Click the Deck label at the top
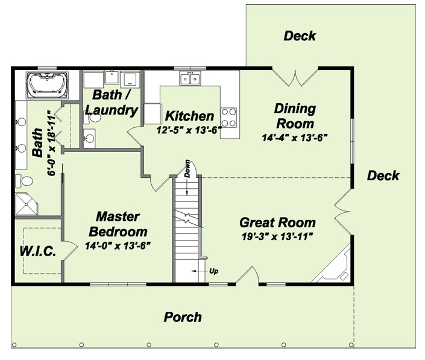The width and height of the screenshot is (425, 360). point(300,36)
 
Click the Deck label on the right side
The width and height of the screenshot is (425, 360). point(383,175)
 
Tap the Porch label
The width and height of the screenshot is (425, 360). point(183,317)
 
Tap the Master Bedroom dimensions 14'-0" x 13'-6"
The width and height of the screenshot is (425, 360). point(118,245)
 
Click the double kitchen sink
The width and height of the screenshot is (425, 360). point(190,78)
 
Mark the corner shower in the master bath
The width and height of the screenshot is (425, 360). point(28,204)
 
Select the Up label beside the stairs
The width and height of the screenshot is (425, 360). point(213,271)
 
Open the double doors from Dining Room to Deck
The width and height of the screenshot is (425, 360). point(295,77)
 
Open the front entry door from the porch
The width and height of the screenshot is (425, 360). point(247,276)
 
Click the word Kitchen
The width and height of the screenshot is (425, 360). point(189,116)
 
